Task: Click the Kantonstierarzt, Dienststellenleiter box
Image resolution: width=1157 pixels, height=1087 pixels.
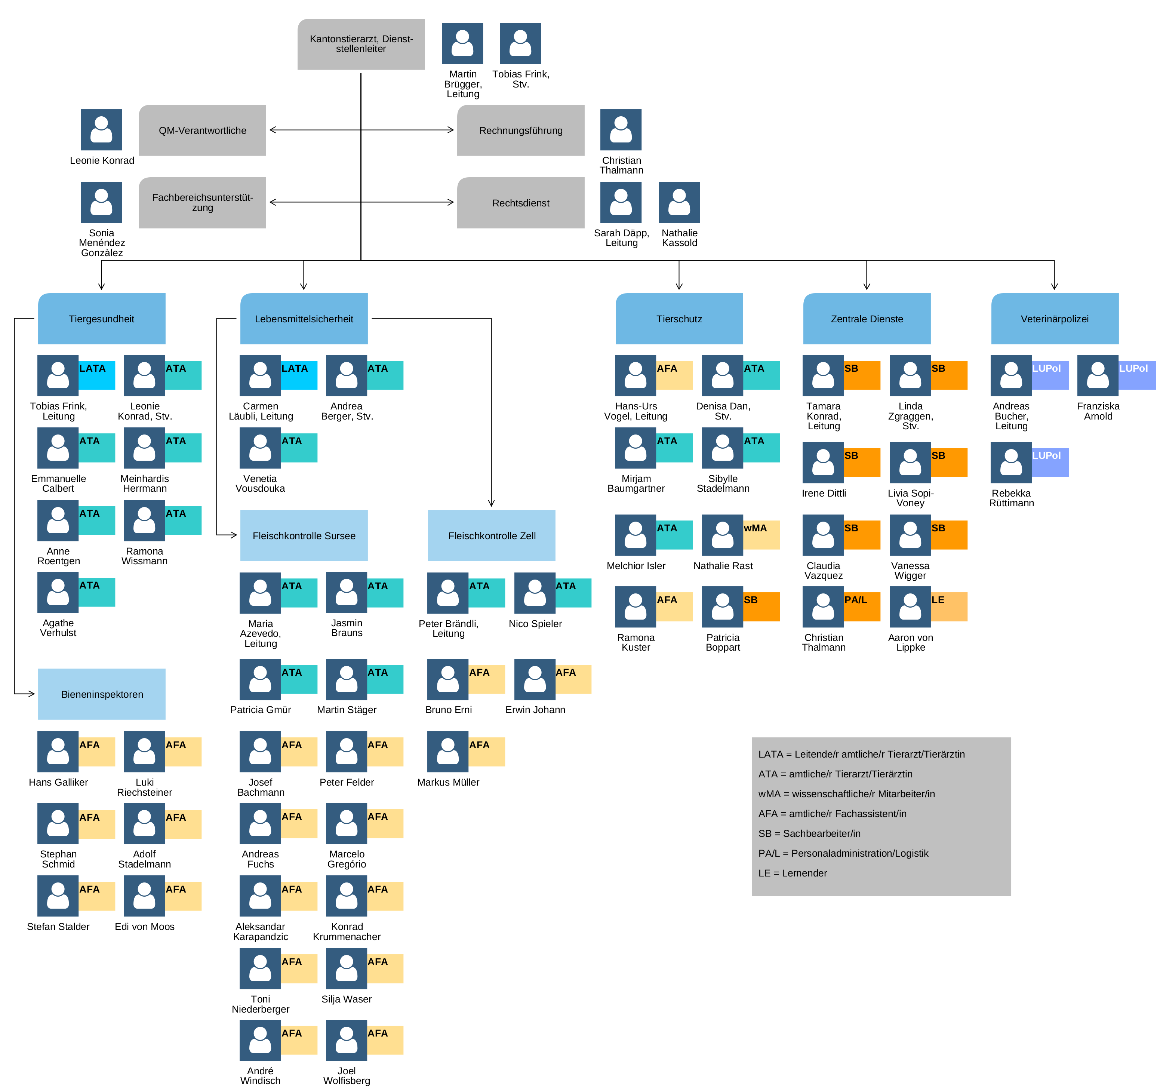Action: click(361, 44)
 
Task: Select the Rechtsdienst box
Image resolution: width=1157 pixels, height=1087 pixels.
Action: click(520, 203)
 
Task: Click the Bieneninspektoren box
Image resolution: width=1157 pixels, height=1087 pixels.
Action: click(102, 694)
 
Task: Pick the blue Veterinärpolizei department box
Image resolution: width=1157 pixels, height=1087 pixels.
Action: click(1055, 319)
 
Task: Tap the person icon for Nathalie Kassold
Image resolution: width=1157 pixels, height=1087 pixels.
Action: click(679, 202)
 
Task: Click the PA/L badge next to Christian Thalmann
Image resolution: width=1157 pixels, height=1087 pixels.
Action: click(862, 607)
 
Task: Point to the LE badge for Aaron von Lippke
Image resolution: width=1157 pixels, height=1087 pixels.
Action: click(949, 607)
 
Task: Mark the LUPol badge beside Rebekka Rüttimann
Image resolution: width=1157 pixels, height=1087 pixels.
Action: click(1050, 462)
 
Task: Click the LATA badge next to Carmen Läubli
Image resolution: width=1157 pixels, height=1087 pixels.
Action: click(299, 375)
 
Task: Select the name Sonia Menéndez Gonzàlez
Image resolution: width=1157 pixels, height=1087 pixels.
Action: click(102, 243)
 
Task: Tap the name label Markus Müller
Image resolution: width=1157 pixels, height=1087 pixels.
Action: click(448, 782)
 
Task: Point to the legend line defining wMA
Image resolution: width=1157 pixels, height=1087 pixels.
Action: click(846, 793)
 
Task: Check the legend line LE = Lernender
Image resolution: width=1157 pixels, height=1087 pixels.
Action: click(792, 873)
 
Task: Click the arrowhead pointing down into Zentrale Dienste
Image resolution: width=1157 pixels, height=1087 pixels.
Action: click(867, 286)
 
